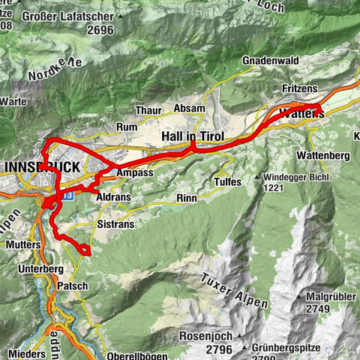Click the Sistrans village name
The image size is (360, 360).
click(115, 223)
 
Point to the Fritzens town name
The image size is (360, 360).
click(299, 88)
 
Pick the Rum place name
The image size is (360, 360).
click(127, 127)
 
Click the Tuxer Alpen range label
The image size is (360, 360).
click(235, 292)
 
